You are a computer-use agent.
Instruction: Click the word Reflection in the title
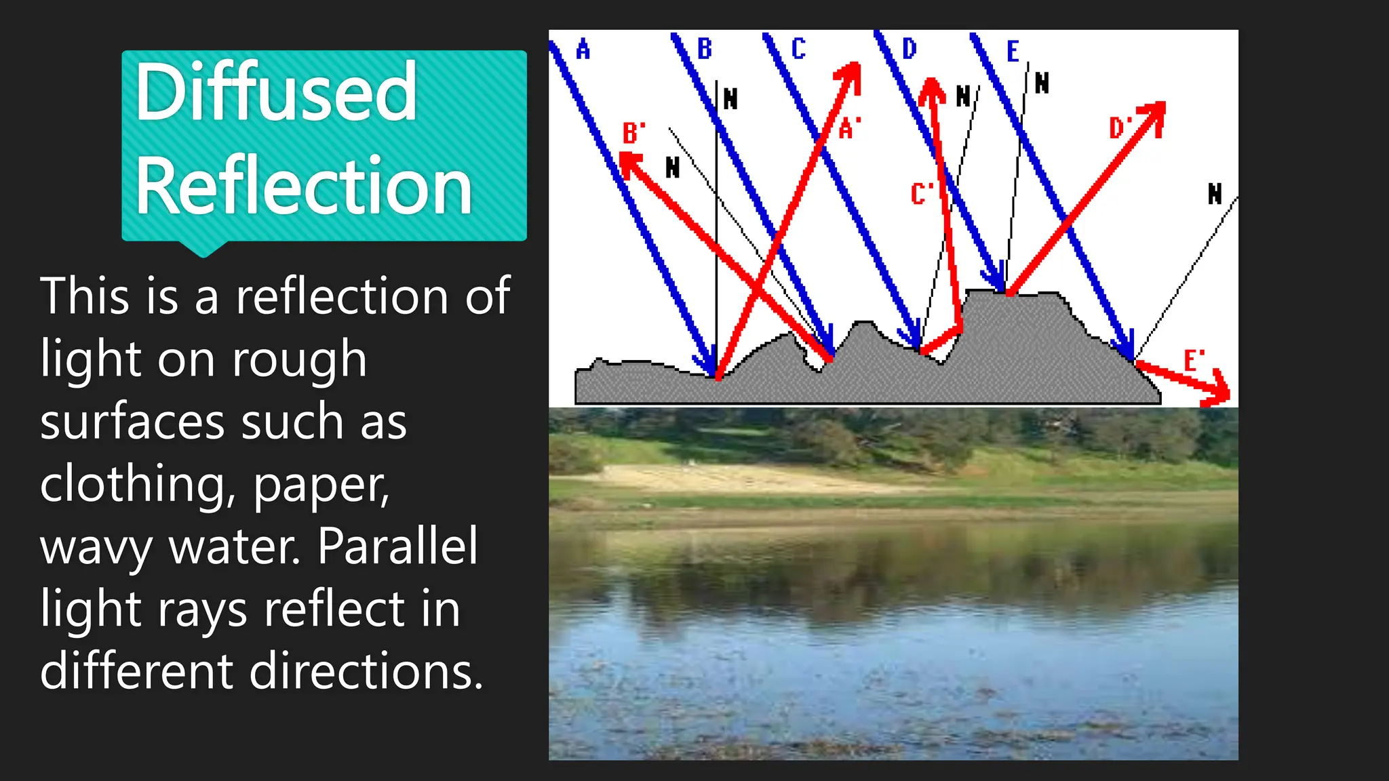click(303, 186)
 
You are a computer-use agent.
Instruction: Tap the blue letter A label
click(583, 49)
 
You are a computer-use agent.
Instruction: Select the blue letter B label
click(705, 49)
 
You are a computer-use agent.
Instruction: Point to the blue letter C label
click(798, 49)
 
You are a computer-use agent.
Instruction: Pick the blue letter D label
click(909, 49)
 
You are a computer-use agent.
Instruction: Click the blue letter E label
click(1013, 52)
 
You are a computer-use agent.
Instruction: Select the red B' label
click(633, 133)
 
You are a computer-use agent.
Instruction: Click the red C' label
click(921, 194)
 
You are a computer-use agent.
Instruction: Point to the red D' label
click(1120, 127)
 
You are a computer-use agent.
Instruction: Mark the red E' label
click(1194, 360)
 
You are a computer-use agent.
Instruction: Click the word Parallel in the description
click(397, 546)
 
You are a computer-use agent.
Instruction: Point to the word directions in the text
click(366, 671)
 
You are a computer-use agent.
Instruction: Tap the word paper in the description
click(321, 484)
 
